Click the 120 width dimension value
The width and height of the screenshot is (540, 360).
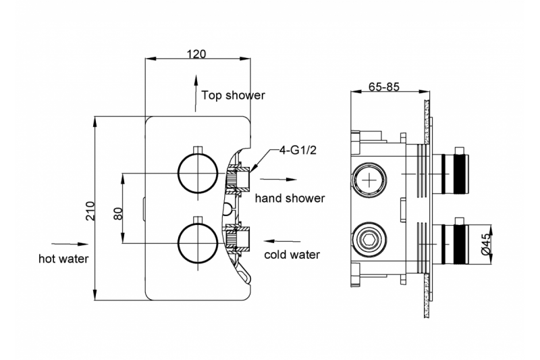(x=194, y=54)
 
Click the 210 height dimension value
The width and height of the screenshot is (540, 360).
(x=99, y=211)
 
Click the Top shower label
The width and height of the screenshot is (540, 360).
(x=234, y=96)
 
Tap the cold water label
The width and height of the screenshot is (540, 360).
(x=292, y=255)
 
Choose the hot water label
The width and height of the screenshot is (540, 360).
(x=64, y=258)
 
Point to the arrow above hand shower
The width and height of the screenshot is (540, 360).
(x=279, y=180)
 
